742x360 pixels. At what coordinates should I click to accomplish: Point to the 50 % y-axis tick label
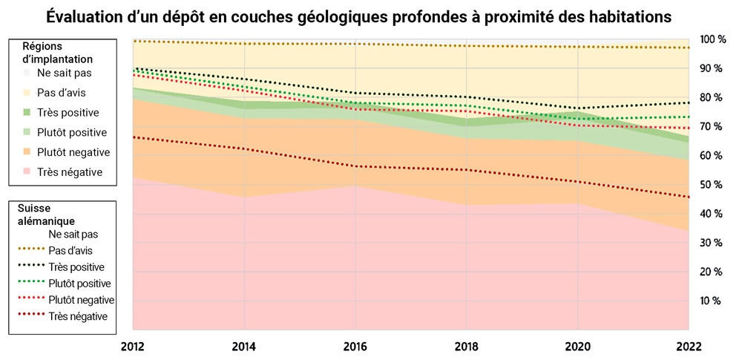point(711,185)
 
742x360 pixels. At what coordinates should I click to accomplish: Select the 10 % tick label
point(711,301)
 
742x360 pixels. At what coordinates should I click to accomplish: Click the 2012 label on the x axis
point(133,347)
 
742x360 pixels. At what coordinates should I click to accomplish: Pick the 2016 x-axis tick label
point(355,347)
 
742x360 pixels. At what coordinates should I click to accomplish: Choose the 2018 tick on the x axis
point(467,347)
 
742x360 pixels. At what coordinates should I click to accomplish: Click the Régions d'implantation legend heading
point(57,53)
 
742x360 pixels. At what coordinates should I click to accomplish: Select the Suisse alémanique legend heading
point(47,215)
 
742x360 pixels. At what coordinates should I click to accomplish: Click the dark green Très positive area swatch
point(27,113)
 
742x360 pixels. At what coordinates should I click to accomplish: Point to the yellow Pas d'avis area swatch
point(27,93)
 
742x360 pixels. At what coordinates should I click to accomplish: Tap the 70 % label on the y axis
point(711,127)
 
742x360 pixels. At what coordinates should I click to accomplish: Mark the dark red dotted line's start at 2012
point(134,137)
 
